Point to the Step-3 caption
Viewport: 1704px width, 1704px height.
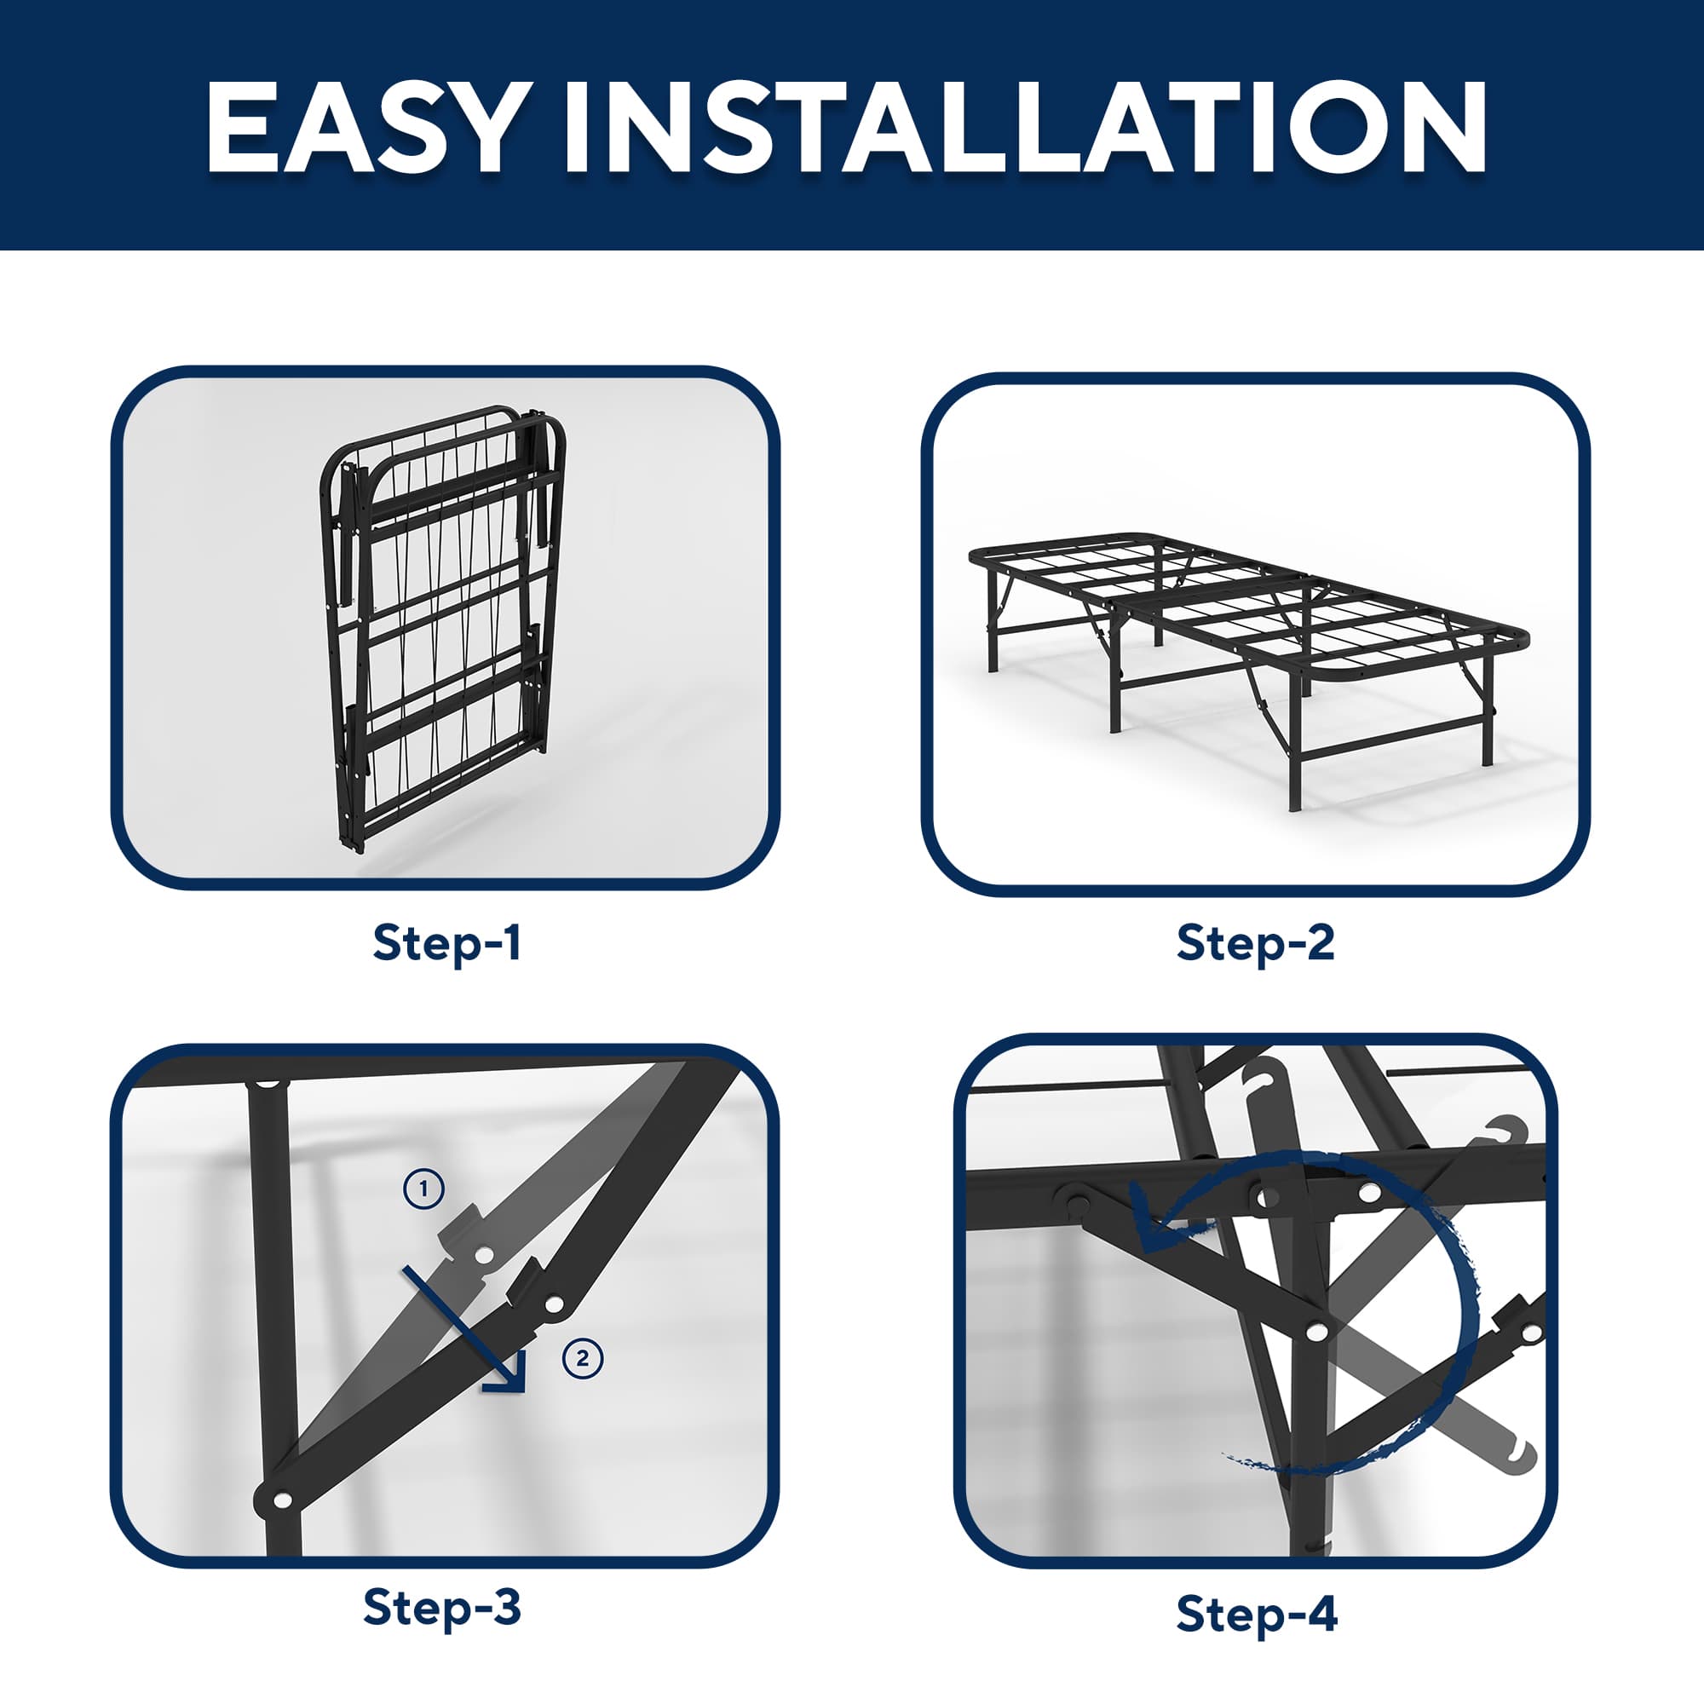click(441, 1608)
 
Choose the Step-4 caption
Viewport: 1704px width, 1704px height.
click(1257, 1615)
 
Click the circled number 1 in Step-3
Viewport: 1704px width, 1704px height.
click(424, 1189)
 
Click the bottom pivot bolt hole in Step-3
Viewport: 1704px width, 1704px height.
click(283, 1499)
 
